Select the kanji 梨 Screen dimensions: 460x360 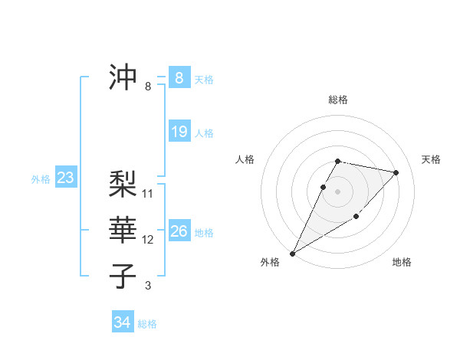pyautogui.click(x=123, y=183)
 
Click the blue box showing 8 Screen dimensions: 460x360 pyautogui.click(x=179, y=78)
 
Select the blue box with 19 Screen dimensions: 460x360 pyautogui.click(x=179, y=132)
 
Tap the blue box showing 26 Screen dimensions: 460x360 pyautogui.click(x=179, y=231)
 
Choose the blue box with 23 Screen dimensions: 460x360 pyautogui.click(x=65, y=178)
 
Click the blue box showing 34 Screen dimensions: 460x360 pyautogui.click(x=122, y=322)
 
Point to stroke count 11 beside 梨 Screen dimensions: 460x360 pyautogui.click(x=148, y=193)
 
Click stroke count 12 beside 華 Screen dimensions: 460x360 pyautogui.click(x=148, y=240)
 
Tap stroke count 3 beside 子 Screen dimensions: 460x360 pyautogui.click(x=148, y=286)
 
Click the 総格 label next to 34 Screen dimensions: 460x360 pyautogui.click(x=147, y=324)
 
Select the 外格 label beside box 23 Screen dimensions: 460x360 pyautogui.click(x=41, y=180)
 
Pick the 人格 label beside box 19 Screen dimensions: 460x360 pyautogui.click(x=204, y=133)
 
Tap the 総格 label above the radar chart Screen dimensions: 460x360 pyautogui.click(x=338, y=100)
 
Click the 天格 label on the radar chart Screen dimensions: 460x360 pyautogui.click(x=431, y=159)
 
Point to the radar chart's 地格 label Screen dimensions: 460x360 pyautogui.click(x=402, y=262)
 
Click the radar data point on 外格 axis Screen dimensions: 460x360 pyautogui.click(x=292, y=253)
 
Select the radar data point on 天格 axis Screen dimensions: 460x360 pyautogui.click(x=396, y=172)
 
